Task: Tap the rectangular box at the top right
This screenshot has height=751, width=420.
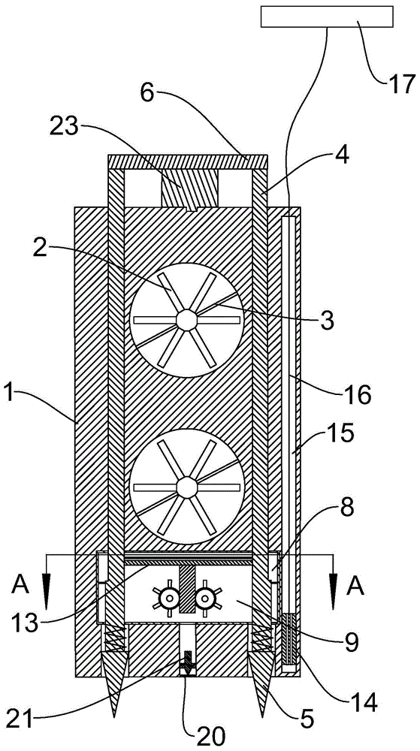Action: coord(327,17)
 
